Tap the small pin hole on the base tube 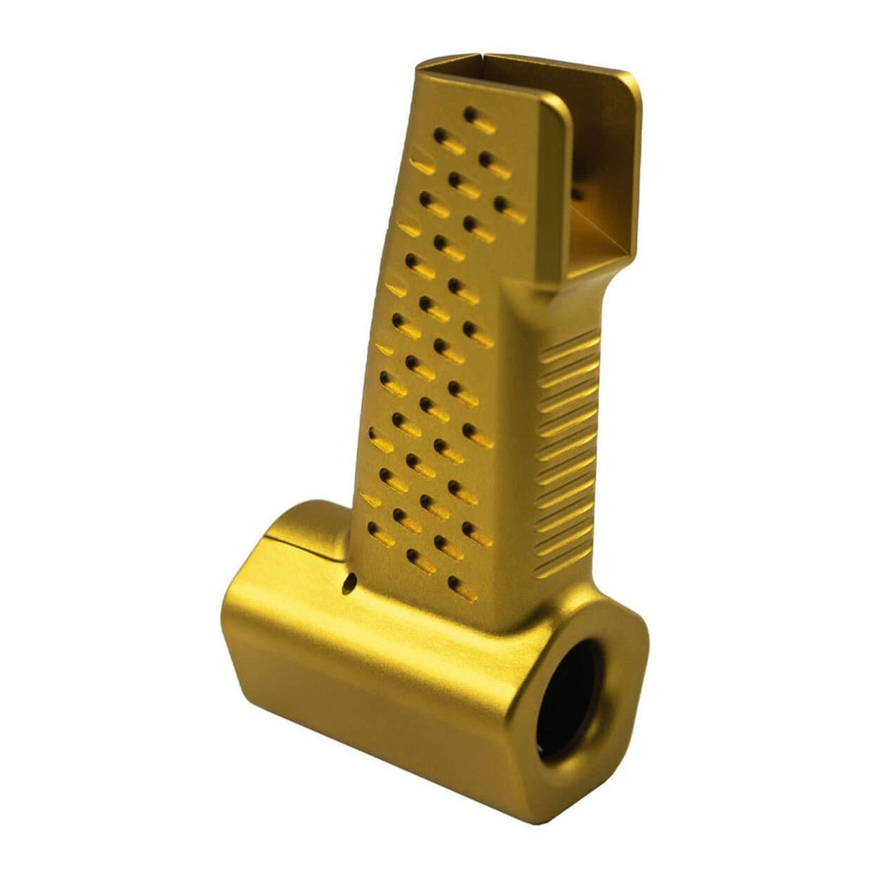click(346, 586)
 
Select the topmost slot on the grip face click(478, 119)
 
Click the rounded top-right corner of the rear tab click(631, 82)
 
